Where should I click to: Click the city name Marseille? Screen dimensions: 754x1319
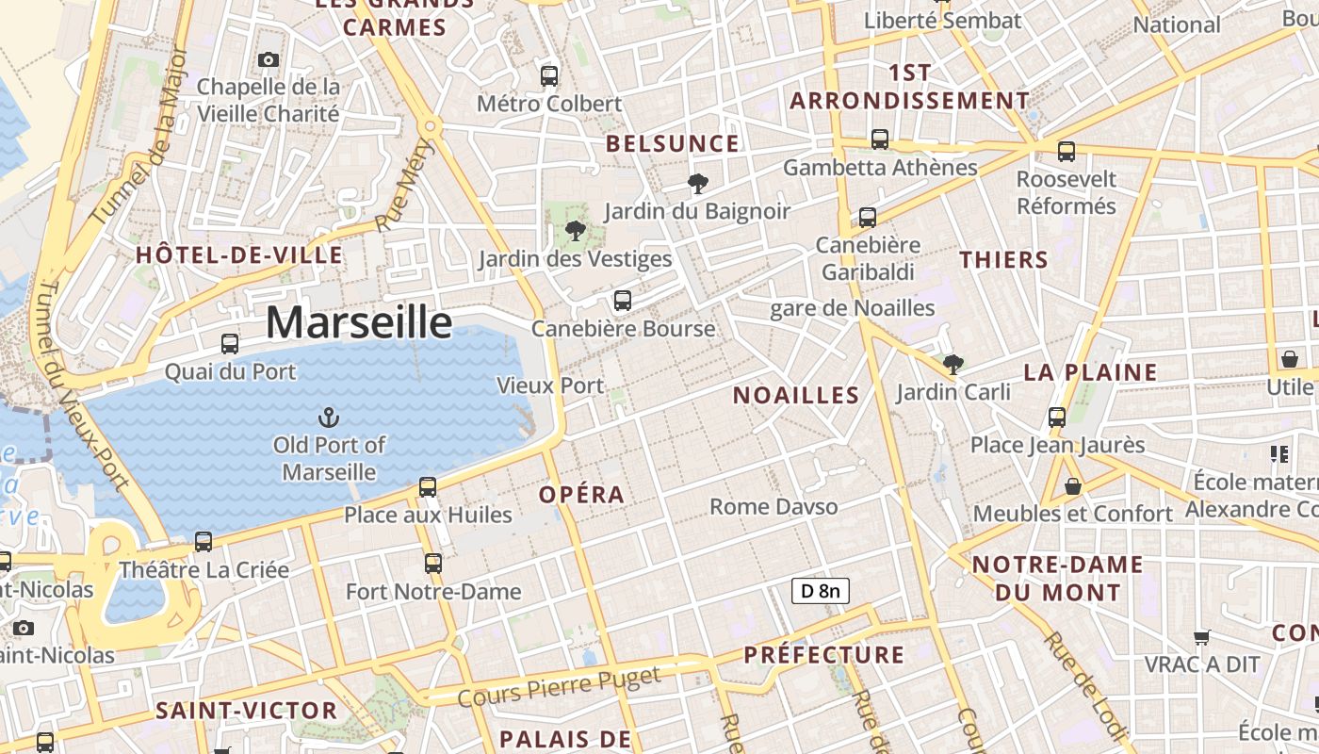click(359, 322)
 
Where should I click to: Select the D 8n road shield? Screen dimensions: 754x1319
click(820, 591)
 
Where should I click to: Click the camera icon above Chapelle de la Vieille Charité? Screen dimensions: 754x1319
click(269, 59)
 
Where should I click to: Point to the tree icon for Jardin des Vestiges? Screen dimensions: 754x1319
click(575, 230)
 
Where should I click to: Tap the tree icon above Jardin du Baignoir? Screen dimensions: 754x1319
click(697, 183)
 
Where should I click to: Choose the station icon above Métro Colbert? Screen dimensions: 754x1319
click(548, 75)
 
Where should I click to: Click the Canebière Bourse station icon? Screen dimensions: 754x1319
click(622, 301)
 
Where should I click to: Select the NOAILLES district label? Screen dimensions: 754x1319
click(796, 396)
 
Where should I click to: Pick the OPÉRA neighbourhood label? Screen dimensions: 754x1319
click(581, 495)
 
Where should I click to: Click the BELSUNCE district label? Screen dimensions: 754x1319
click(672, 144)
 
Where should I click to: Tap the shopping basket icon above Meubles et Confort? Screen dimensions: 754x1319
click(1072, 486)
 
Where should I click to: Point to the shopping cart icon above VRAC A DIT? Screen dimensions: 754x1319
click(1201, 637)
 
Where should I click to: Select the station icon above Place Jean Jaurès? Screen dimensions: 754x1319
click(1057, 417)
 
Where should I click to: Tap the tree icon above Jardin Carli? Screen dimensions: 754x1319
click(953, 364)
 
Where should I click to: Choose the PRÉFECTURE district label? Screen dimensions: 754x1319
click(824, 655)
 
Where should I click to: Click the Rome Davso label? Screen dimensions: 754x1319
click(773, 507)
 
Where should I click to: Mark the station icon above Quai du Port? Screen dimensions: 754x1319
click(230, 344)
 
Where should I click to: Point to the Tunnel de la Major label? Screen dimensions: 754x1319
click(140, 138)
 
